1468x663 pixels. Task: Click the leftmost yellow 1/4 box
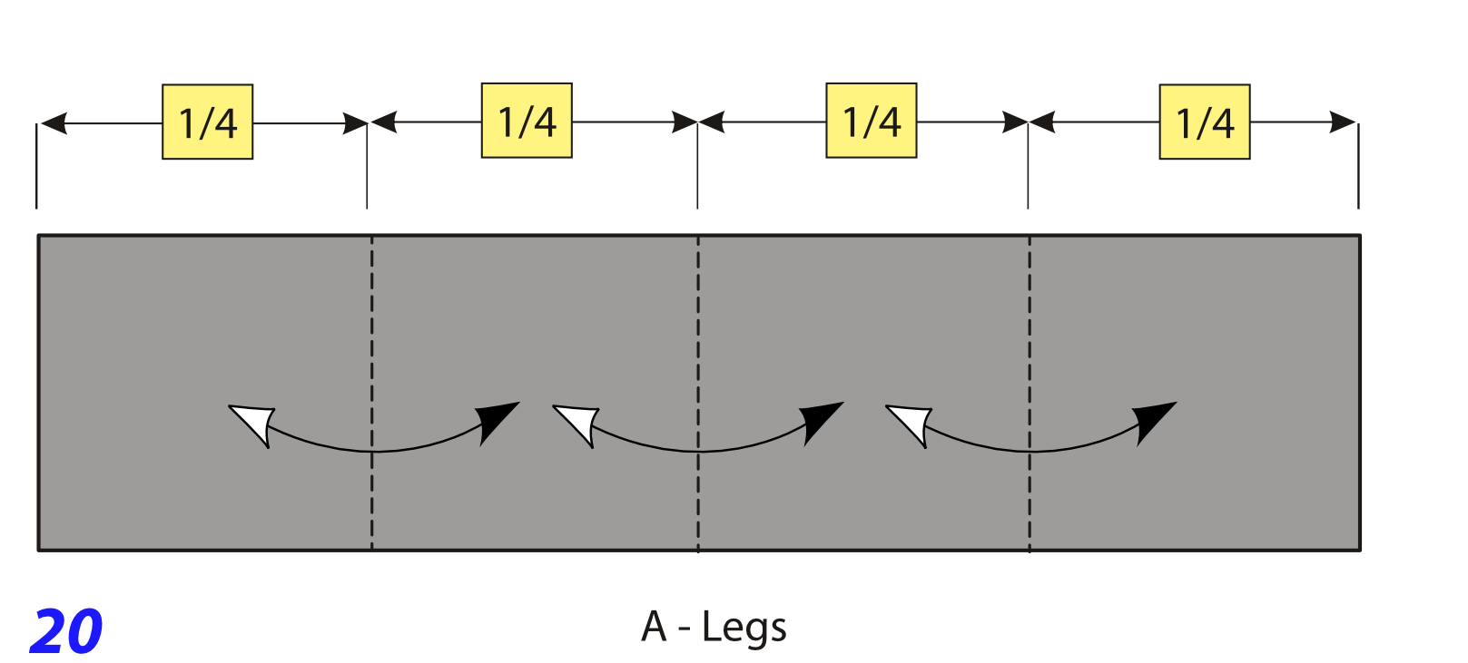(x=208, y=122)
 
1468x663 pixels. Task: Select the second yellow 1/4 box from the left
(x=527, y=121)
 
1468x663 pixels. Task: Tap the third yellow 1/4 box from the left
(x=871, y=121)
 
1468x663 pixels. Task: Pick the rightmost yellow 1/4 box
(x=1205, y=122)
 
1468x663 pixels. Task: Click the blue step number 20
(x=66, y=631)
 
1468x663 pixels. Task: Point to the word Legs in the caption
(x=744, y=628)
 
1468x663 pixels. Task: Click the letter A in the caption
(x=654, y=627)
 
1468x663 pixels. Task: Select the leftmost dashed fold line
(x=371, y=393)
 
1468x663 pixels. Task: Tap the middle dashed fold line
(x=698, y=393)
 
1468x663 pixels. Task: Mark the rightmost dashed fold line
(x=1030, y=393)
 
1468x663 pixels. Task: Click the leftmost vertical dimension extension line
(x=36, y=166)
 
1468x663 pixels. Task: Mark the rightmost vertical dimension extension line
(x=1358, y=166)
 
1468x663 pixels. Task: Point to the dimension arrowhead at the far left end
(x=54, y=123)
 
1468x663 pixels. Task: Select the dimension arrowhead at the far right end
(x=1342, y=122)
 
